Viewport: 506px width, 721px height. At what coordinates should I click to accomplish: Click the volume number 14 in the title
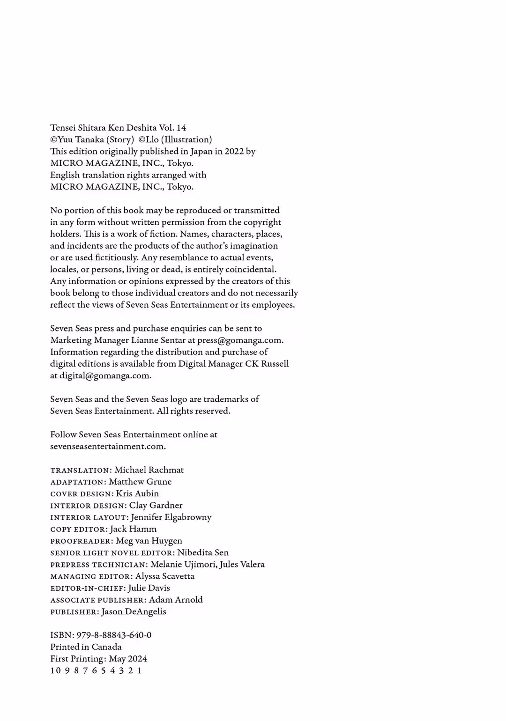(181, 128)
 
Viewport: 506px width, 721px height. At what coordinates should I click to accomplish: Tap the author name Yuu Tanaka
(81, 140)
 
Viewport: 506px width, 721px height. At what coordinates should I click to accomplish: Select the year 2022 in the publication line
(234, 151)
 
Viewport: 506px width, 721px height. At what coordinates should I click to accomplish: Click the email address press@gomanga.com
(240, 340)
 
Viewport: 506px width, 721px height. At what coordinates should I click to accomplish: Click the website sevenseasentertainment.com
(108, 446)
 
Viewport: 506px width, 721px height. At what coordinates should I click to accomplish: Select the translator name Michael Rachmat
(149, 470)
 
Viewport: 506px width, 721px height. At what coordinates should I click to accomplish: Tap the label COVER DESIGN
(82, 494)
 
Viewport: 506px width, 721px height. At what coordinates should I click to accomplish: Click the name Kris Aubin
(137, 493)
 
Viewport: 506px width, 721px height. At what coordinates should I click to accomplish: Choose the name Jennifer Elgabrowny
(171, 517)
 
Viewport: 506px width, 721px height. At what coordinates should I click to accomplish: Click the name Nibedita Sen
(203, 553)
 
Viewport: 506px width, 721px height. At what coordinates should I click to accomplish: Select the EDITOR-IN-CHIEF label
(87, 589)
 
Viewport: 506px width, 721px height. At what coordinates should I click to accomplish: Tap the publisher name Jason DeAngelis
(134, 612)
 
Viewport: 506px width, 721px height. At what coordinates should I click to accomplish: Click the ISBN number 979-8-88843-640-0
(114, 635)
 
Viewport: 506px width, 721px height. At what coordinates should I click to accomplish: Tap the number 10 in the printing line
(56, 670)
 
